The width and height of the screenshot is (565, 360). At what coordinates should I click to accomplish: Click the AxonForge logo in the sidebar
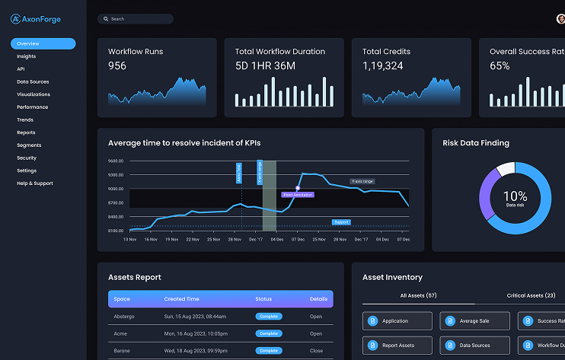click(x=37, y=19)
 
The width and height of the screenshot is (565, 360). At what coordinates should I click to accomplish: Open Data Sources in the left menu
click(x=33, y=81)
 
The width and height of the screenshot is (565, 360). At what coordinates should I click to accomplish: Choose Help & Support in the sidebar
click(x=35, y=183)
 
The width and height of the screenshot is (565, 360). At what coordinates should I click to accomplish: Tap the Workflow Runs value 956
click(x=117, y=66)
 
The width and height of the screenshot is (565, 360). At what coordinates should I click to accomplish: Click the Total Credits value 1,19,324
click(x=382, y=66)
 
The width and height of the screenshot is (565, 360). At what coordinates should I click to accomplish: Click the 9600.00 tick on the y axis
click(x=116, y=161)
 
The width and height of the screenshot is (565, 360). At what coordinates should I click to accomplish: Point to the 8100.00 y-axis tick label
click(x=116, y=231)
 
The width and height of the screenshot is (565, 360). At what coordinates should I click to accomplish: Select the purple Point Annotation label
click(x=298, y=195)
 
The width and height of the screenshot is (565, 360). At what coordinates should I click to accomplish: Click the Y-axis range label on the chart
click(x=362, y=181)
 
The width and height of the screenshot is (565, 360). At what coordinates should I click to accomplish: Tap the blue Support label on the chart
click(x=341, y=222)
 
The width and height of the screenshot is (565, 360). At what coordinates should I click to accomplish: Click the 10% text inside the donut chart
click(x=515, y=196)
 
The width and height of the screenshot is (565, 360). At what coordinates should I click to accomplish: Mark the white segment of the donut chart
click(x=506, y=169)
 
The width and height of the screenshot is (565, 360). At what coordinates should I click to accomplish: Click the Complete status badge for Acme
click(x=268, y=333)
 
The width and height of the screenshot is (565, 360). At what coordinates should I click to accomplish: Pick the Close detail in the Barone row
click(x=316, y=351)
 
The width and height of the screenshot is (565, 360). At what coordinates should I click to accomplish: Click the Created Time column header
click(x=180, y=299)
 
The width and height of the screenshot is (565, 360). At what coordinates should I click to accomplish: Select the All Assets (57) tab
click(x=418, y=295)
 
